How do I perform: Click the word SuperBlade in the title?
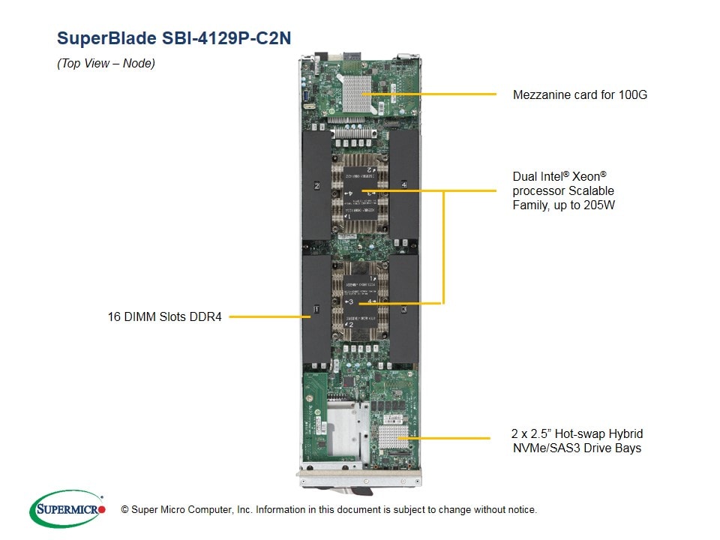coord(106,38)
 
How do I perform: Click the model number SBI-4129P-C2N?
coord(226,38)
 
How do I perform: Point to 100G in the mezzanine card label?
coord(633,94)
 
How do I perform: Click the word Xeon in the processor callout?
coord(586,176)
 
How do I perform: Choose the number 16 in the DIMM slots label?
coord(114,316)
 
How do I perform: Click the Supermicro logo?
coord(67,508)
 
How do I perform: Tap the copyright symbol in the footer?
coord(124,510)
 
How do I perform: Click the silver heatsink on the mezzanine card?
coord(357,94)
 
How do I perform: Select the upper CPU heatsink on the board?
coord(360,193)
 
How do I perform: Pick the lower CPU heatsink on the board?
coord(360,301)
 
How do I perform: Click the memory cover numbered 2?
coord(316,184)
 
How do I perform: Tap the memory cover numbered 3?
coord(403,308)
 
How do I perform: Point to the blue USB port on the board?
coord(306,95)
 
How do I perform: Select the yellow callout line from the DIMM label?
coord(270,316)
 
